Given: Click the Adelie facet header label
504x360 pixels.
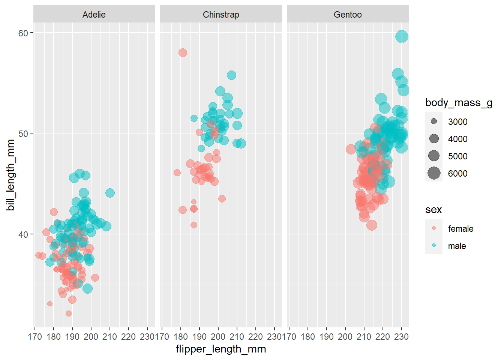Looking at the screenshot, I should point(94,15).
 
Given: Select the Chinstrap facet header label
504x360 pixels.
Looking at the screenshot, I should point(221,15).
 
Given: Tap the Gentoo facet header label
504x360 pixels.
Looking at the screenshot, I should point(348,15).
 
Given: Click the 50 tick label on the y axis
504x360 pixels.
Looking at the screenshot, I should point(23,133).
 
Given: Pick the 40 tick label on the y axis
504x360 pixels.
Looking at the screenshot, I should point(23,234).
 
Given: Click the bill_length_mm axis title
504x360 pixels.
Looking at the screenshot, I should point(10,175).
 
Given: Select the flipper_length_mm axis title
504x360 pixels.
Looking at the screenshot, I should point(221,349).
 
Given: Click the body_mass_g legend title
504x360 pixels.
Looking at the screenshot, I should point(459,103).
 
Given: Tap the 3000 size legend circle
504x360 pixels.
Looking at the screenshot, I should point(434,121).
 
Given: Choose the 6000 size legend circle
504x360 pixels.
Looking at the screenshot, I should point(434,173).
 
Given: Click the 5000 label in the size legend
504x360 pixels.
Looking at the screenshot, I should point(457,156).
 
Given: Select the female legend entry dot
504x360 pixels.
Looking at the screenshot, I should point(434,228).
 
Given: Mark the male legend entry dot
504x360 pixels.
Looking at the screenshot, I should point(434,245).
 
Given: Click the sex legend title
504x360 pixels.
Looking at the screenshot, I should point(433,210).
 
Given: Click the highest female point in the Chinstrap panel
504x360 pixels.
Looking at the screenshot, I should point(183,53).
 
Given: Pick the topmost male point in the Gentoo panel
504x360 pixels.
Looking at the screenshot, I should point(402,37).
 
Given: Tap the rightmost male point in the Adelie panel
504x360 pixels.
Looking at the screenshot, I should point(110,193).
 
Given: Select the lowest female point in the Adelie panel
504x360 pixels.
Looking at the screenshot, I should point(68,313).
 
